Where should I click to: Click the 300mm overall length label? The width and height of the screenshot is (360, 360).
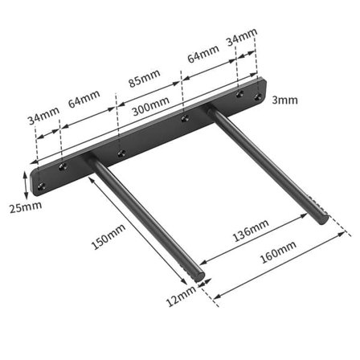(151, 105)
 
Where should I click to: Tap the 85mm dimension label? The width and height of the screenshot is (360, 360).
(145, 78)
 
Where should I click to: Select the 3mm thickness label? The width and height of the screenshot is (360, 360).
(284, 100)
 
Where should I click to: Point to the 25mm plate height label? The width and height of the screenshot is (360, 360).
(26, 207)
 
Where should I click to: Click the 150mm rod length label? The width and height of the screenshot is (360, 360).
(108, 237)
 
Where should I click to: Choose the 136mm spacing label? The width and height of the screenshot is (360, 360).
(251, 231)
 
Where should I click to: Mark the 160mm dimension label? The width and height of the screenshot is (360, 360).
(278, 252)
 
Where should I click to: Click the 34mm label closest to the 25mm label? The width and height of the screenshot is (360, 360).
(43, 116)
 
